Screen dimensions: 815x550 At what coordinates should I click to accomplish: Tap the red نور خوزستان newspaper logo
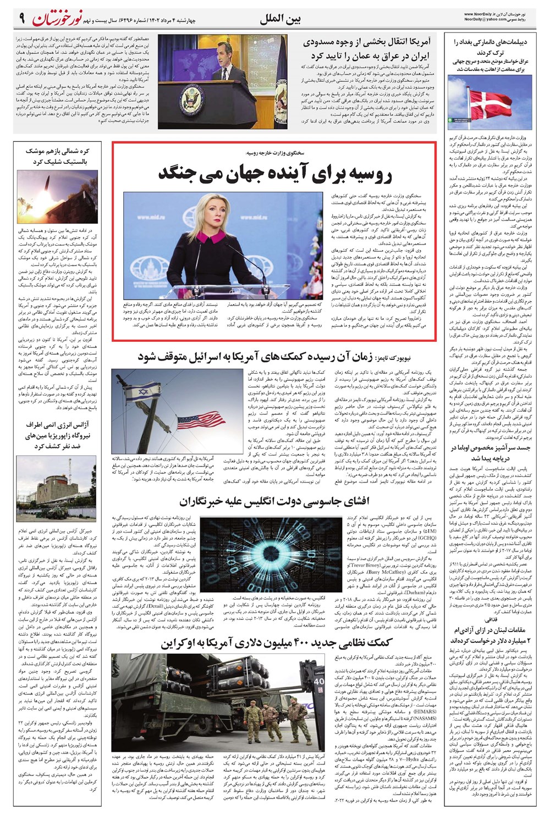58,18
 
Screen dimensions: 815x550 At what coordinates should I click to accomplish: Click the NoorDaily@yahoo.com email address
485,20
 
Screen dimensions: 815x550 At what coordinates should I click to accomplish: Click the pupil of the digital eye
265,555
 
